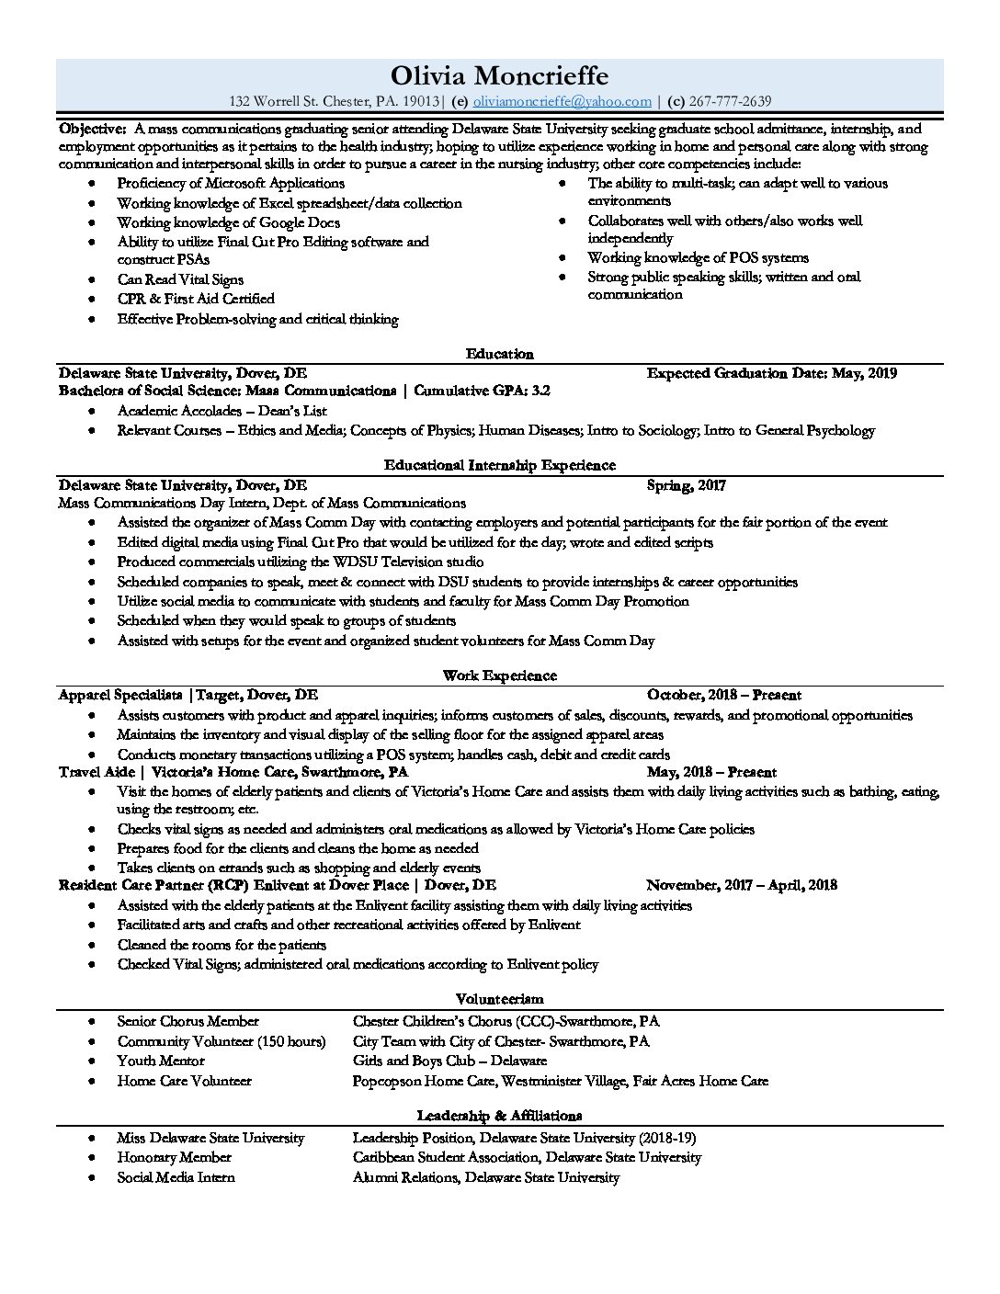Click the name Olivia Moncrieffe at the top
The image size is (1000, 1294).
point(499,74)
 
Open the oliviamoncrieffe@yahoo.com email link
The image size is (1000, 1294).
point(562,102)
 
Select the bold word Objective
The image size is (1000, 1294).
point(92,130)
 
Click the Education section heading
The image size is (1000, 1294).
point(499,354)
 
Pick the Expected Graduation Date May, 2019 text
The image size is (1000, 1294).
point(771,373)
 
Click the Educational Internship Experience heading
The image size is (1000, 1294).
point(499,465)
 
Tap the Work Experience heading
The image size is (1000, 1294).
point(499,675)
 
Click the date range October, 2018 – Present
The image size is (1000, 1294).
point(723,696)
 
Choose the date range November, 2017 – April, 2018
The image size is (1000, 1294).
point(741,885)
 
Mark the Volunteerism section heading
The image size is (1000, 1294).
point(499,998)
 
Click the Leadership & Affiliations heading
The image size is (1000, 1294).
point(499,1116)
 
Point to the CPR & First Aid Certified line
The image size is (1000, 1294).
point(196,299)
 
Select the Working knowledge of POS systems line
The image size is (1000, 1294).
point(698,258)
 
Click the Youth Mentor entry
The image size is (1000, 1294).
point(161,1061)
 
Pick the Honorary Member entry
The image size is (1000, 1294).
point(174,1158)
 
